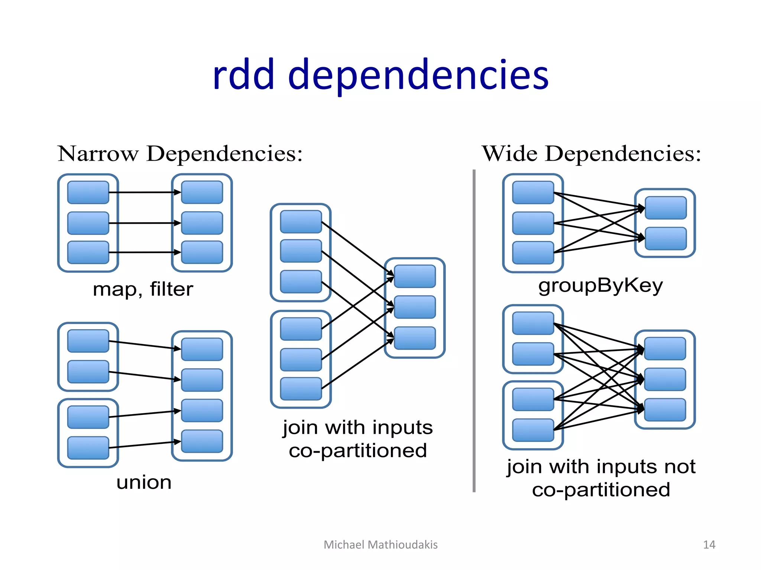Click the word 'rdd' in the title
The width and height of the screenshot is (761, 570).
(243, 75)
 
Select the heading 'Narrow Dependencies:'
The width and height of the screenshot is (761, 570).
(180, 154)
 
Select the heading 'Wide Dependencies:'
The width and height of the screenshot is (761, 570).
(591, 154)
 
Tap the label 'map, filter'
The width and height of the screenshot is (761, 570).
(143, 289)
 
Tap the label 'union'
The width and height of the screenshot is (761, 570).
(144, 482)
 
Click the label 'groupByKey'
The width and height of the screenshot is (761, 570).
(600, 286)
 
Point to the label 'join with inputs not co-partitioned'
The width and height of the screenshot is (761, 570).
(601, 478)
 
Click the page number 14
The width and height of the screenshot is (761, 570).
(709, 545)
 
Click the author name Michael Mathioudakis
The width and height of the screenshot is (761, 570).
(380, 545)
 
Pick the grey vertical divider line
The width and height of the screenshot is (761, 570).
(474, 330)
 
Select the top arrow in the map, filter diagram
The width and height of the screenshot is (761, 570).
(145, 192)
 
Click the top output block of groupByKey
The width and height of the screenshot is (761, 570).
(666, 208)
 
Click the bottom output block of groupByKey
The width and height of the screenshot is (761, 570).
(666, 239)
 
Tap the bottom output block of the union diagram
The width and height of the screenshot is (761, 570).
(202, 441)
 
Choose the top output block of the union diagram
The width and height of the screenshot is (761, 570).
(202, 349)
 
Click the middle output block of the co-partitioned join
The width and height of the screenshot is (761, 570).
(415, 307)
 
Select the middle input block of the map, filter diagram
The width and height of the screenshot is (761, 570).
(88, 223)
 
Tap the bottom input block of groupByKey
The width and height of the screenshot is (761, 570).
(533, 253)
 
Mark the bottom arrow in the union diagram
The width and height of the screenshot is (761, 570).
(145, 445)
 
